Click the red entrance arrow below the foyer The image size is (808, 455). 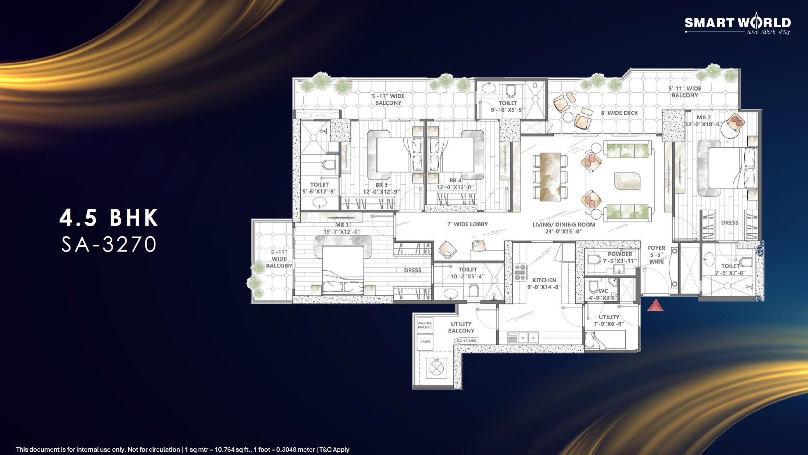pos(655,306)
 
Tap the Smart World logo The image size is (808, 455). pos(737,24)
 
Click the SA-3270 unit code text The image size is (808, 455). pos(109,244)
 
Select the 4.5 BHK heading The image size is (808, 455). pos(109,217)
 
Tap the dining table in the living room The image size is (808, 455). pos(550,177)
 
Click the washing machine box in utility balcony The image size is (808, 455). pos(425,325)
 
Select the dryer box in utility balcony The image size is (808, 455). pos(425,342)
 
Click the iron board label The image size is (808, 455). pos(466,341)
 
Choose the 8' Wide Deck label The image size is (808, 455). pos(619,113)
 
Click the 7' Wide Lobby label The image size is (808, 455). pos(467,224)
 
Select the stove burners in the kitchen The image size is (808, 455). pos(520,273)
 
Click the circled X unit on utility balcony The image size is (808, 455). pos(436,368)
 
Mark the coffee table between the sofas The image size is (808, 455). pos(627,181)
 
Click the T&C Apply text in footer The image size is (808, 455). pos(334,449)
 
